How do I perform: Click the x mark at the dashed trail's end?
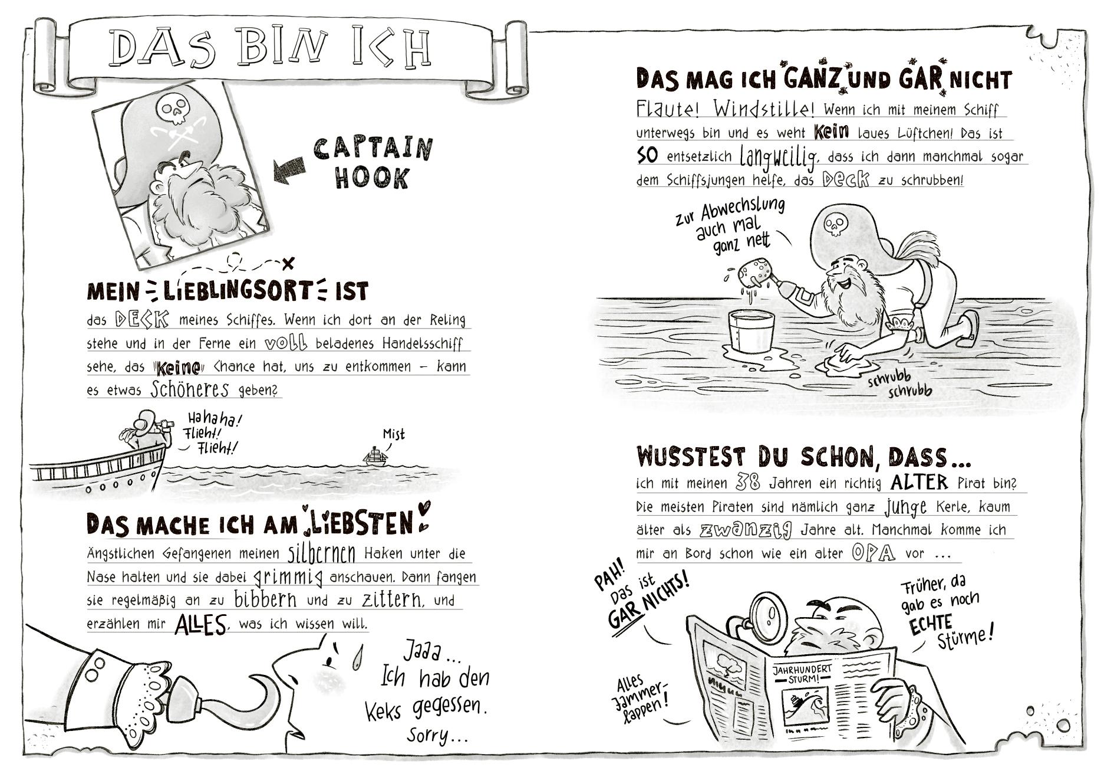tap(288, 263)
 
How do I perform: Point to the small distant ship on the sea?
tap(374, 455)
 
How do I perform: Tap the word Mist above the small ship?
tap(394, 435)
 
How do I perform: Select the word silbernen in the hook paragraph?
tap(322, 553)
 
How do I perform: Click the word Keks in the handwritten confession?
tap(383, 710)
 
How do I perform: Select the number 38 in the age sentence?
tap(748, 483)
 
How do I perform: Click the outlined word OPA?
tap(874, 553)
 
